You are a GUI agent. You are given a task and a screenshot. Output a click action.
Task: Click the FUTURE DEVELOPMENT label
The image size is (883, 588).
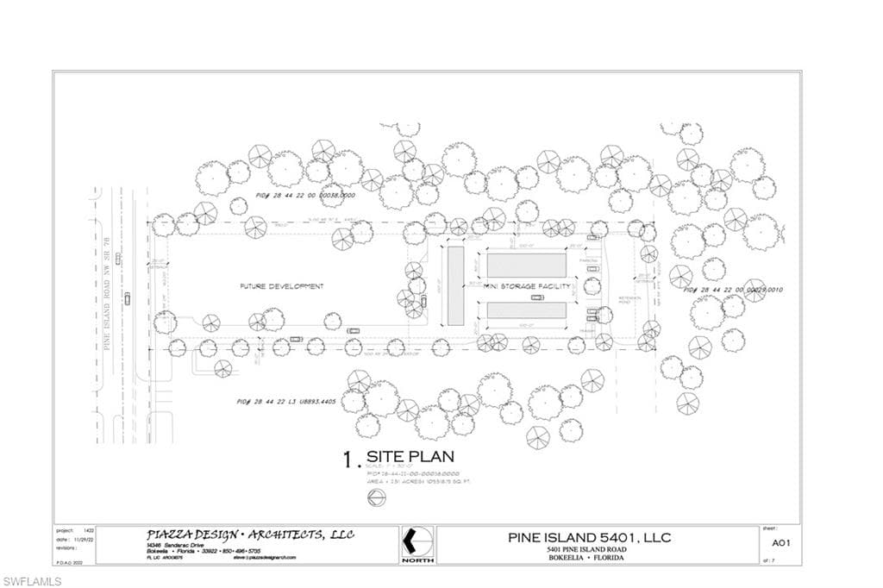(x=281, y=286)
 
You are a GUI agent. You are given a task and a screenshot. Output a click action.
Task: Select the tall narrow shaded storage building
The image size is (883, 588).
(x=455, y=285)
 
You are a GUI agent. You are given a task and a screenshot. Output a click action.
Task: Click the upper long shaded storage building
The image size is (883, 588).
(x=526, y=265)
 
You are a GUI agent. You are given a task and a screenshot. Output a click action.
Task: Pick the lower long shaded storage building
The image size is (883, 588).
(x=526, y=311)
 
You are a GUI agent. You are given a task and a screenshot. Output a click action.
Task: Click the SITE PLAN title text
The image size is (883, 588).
(x=410, y=457)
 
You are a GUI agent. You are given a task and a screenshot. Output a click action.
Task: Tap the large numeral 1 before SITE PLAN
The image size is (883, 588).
(x=348, y=460)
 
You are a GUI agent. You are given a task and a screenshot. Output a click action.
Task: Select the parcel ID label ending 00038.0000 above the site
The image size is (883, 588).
(x=295, y=196)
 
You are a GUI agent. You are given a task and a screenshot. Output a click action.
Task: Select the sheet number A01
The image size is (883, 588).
(x=781, y=543)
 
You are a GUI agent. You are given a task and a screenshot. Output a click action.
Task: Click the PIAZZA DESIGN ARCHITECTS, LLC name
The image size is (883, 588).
(x=250, y=535)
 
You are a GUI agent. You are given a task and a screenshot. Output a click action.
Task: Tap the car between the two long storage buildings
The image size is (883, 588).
(x=537, y=297)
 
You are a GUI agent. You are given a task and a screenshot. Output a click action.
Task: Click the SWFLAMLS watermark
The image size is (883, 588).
(x=32, y=580)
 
